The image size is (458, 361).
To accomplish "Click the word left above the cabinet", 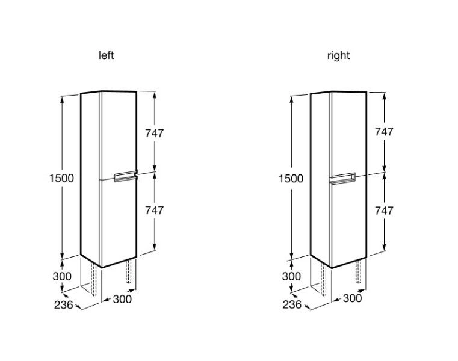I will tap(106, 55).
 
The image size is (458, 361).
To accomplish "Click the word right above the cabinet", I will tap(338, 55).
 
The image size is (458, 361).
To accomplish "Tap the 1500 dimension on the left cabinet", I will tap(61, 178).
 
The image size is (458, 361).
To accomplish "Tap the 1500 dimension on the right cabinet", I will tap(291, 178).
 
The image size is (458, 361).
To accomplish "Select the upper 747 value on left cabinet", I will tap(154, 133).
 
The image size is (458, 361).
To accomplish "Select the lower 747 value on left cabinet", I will tap(154, 210).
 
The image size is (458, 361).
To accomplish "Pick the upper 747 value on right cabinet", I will tap(384, 132).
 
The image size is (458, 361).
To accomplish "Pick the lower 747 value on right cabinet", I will tap(384, 210).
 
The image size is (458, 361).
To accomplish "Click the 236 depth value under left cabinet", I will tap(63, 305).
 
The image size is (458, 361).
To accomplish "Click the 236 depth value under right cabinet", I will tap(292, 305).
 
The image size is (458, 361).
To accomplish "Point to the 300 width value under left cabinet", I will tap(122, 298).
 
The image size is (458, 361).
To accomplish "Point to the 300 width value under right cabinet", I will tap(352, 298).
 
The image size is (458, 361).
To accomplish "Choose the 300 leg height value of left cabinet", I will tap(61, 277).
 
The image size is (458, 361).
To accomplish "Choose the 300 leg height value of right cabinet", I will tap(291, 277).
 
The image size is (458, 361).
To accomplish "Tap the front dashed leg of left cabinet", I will tap(129, 273).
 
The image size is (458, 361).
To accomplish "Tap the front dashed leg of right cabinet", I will tap(359, 273).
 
